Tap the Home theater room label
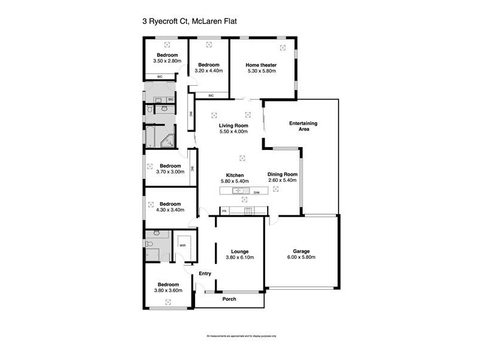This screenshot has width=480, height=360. coord(261,65)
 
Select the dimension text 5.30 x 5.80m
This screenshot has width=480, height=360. coord(261,71)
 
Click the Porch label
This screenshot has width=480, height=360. coord(229,299)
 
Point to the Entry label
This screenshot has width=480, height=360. coord(205,274)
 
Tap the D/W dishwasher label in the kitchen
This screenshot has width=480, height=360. coord(256,193)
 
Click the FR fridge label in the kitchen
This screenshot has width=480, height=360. coord(224,211)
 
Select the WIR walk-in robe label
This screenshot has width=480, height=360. coord(182,245)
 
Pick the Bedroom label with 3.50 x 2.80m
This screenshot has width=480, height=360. coord(166,55)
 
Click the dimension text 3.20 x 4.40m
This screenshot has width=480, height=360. coord(209,71)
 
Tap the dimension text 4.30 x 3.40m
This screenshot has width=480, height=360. coord(170,210)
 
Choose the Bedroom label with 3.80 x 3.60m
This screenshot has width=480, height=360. coord(169,284)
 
